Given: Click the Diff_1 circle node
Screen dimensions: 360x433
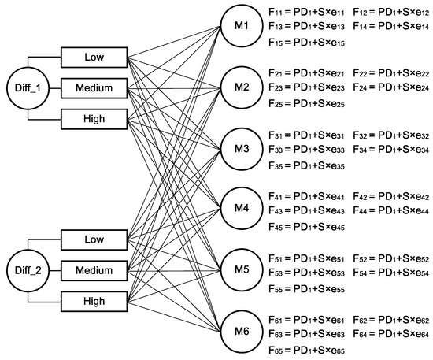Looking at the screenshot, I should pyautogui.click(x=23, y=88).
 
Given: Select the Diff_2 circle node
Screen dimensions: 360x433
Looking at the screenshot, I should pyautogui.click(x=23, y=270).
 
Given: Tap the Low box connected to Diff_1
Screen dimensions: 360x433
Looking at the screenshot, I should pyautogui.click(x=94, y=58).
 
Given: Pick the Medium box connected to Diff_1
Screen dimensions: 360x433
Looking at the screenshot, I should pyautogui.click(x=94, y=87).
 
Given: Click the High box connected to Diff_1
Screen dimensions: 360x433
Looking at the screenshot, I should pyautogui.click(x=94, y=117).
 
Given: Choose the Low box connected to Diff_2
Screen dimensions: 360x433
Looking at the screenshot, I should pyautogui.click(x=94, y=239).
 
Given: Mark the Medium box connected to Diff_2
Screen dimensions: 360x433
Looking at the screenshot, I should pyautogui.click(x=94, y=270).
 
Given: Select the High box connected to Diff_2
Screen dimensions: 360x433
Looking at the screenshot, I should pyautogui.click(x=94, y=300).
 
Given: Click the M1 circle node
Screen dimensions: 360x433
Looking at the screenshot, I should pyautogui.click(x=241, y=27).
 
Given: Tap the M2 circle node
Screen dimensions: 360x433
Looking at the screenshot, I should pyautogui.click(x=241, y=87).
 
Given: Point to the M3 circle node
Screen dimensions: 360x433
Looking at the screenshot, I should pyautogui.click(x=241, y=148).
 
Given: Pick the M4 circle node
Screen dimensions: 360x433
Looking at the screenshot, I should pyautogui.click(x=241, y=209).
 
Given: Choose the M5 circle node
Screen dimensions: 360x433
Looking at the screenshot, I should pyautogui.click(x=241, y=269).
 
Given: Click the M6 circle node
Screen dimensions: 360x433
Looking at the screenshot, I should pyautogui.click(x=241, y=330).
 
